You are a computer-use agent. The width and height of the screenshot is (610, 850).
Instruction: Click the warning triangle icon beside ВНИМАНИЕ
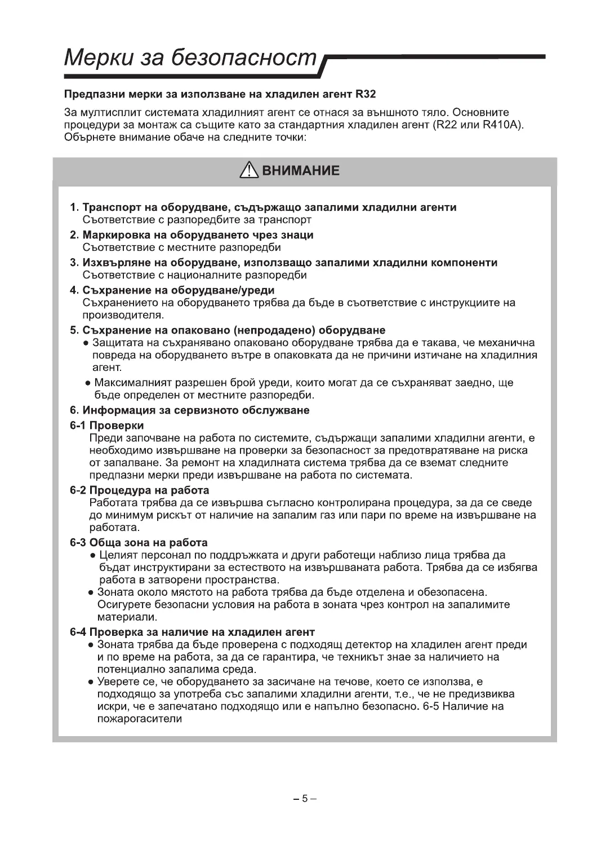247,170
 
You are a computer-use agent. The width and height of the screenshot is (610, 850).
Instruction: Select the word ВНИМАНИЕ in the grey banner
300,171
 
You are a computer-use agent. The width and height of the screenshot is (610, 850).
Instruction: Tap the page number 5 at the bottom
305,798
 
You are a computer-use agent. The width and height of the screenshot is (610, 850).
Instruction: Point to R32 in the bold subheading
366,94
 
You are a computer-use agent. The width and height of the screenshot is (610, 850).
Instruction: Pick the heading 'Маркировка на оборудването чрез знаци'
198,235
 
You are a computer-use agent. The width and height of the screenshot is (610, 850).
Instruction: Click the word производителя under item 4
123,315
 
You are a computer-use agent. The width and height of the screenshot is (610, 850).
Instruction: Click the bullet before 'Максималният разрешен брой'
88,383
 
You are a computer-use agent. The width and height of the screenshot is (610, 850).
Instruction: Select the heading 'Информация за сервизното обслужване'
195,410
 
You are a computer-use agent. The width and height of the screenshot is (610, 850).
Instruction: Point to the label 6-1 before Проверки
77,426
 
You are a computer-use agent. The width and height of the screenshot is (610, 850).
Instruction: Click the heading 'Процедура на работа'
149,490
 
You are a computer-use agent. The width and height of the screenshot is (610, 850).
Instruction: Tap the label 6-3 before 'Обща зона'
77,543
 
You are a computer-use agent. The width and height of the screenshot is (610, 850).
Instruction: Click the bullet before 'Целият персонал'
93,556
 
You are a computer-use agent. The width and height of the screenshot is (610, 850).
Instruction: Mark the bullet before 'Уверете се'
91,682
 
